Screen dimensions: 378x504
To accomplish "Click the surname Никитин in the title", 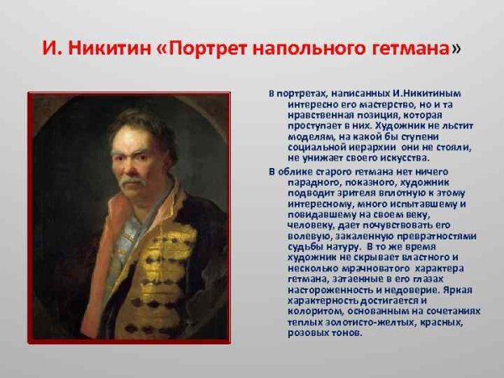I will [x=107, y=49].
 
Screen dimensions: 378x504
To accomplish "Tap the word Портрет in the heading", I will [x=207, y=49].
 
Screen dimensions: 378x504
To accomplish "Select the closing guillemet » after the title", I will [x=455, y=49].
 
